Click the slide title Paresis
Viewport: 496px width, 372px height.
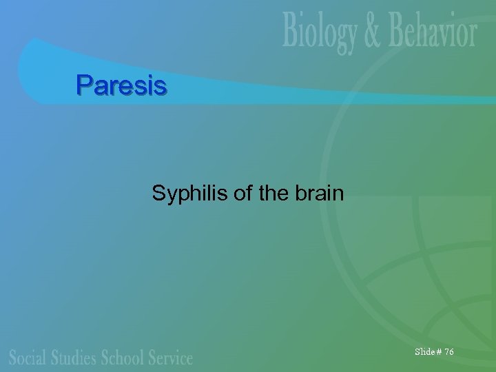point(121,85)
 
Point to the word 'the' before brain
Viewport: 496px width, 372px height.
point(272,194)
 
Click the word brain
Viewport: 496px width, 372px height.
point(318,194)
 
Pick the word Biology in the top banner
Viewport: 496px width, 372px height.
point(320,33)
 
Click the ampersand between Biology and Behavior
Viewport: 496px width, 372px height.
point(373,33)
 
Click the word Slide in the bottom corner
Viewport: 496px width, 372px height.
point(424,352)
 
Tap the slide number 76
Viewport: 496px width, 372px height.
point(449,352)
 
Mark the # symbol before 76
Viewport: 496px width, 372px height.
point(439,352)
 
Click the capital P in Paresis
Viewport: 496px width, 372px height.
point(83,85)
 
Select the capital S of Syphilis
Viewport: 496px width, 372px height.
point(158,194)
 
